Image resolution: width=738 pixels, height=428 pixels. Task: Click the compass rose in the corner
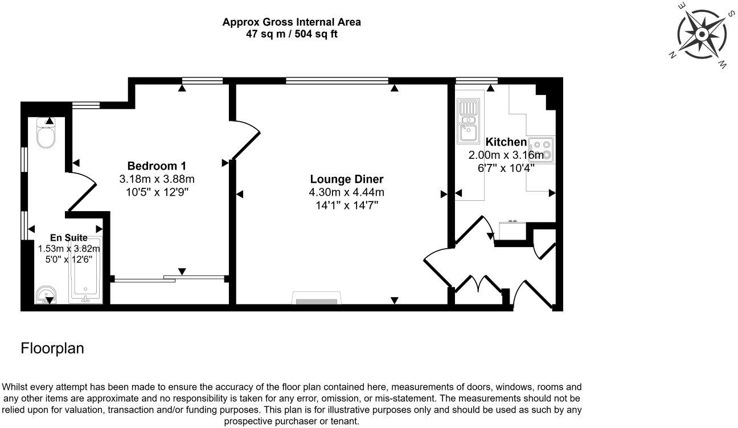pos(702,35)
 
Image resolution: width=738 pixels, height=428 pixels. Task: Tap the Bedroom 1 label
pos(157,166)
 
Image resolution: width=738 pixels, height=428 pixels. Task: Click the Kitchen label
pos(506,142)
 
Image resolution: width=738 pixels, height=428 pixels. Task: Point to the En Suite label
pos(68,238)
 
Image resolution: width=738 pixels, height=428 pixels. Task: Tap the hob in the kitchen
pos(540,149)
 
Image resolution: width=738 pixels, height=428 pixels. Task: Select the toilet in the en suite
pos(45,134)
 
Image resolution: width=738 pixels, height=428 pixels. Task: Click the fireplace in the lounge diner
pos(317,299)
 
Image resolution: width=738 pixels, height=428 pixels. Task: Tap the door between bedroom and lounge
pos(246,139)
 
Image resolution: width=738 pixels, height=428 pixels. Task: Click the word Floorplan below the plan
pos(52,348)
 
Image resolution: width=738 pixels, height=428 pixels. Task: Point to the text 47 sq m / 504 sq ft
pos(292,34)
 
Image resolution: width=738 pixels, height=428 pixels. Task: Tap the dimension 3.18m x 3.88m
pos(157,179)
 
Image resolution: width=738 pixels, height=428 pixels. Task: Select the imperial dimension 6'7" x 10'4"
pos(506,167)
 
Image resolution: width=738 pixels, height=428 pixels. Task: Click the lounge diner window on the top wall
pos(337,80)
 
